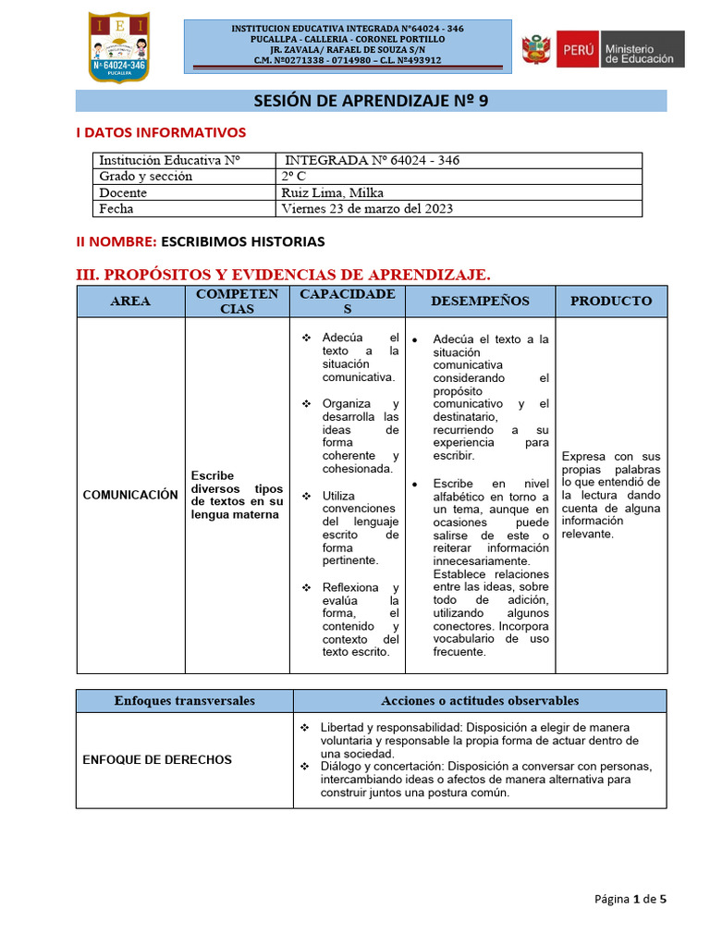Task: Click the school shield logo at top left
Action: pyautogui.click(x=117, y=45)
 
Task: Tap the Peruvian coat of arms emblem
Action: pyautogui.click(x=535, y=49)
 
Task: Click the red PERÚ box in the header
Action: pyautogui.click(x=576, y=49)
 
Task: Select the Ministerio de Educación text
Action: pyautogui.click(x=642, y=49)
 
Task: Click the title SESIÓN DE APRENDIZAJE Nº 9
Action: pyautogui.click(x=371, y=101)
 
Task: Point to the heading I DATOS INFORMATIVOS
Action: pyautogui.click(x=160, y=133)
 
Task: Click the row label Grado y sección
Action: pyautogui.click(x=146, y=176)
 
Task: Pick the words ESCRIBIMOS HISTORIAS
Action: pyautogui.click(x=243, y=241)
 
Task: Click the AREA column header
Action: pyautogui.click(x=130, y=301)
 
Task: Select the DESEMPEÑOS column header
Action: pyautogui.click(x=480, y=301)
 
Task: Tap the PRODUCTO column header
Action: pyautogui.click(x=610, y=301)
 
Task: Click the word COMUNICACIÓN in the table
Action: pyautogui.click(x=130, y=495)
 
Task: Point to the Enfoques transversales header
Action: pyautogui.click(x=184, y=700)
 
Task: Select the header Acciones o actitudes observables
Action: pyautogui.click(x=480, y=700)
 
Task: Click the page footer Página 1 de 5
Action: pyautogui.click(x=630, y=898)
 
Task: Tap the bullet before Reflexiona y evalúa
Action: pyautogui.click(x=306, y=587)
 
